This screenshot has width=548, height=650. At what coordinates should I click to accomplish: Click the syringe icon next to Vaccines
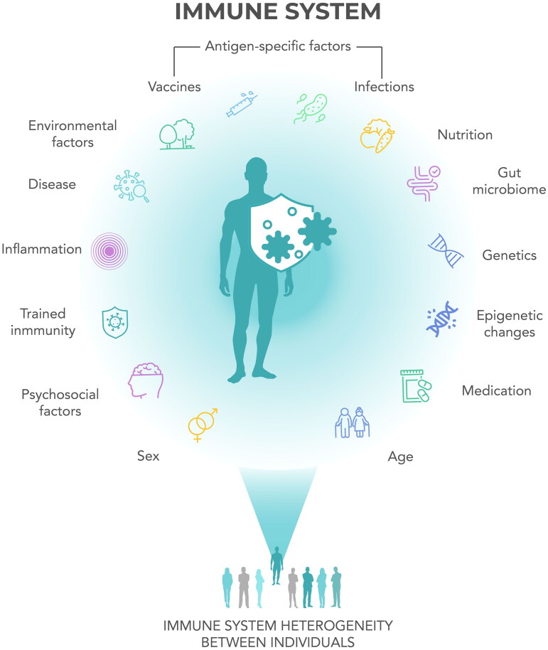point(241,103)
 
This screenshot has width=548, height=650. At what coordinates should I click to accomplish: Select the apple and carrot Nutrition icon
point(376,133)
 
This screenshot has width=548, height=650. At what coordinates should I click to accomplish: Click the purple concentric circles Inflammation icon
point(108,250)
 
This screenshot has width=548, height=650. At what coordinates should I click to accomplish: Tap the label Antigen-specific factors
point(278,47)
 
